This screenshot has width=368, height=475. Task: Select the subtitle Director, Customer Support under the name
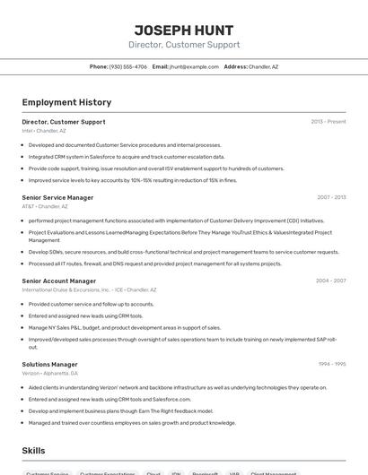tap(184, 45)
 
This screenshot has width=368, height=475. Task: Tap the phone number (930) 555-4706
tap(127, 66)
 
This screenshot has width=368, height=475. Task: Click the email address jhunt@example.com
tap(194, 66)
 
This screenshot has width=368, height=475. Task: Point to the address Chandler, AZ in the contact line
tap(263, 66)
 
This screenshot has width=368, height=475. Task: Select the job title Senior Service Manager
tap(57, 197)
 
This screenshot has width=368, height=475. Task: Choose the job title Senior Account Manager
tap(59, 281)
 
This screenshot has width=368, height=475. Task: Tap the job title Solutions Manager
tap(50, 365)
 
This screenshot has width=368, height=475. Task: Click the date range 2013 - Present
tap(328, 122)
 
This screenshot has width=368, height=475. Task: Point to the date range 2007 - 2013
tap(330, 197)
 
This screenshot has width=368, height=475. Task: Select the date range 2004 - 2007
tap(330, 281)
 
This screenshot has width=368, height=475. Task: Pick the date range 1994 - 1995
tap(331, 365)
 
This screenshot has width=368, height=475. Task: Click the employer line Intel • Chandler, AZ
tap(44, 131)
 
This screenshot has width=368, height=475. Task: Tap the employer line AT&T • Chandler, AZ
tap(46, 206)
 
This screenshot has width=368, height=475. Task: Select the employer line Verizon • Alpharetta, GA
tap(53, 374)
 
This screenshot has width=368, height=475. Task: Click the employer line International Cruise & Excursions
tap(89, 290)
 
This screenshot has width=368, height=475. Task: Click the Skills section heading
tap(34, 450)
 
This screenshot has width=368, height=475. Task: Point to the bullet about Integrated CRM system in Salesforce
tap(127, 157)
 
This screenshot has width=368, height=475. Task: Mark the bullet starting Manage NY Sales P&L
tap(125, 328)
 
